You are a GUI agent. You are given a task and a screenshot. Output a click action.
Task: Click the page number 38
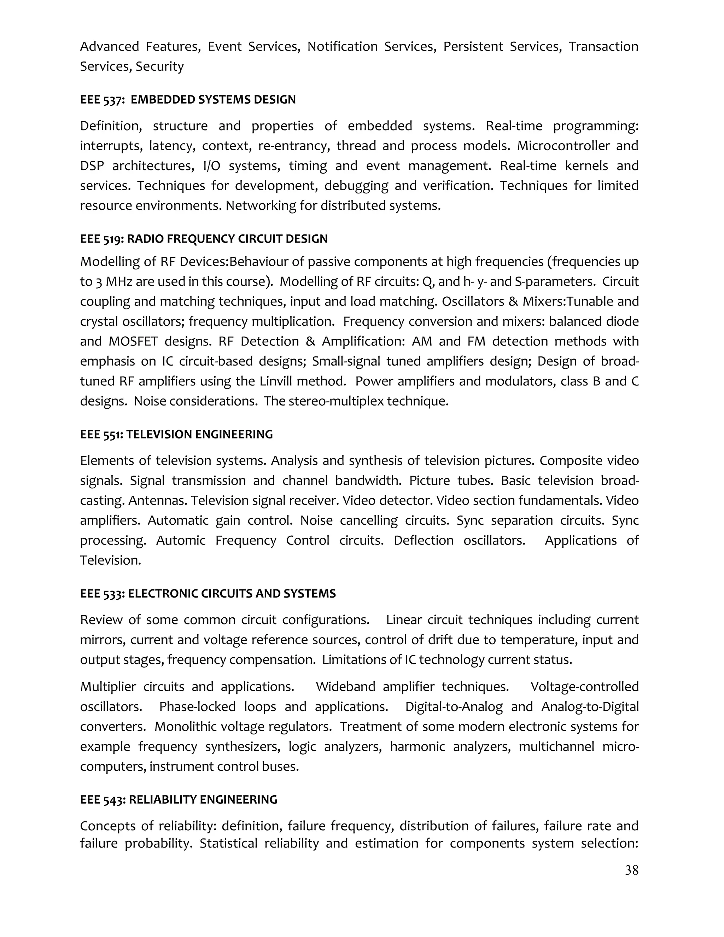(x=631, y=870)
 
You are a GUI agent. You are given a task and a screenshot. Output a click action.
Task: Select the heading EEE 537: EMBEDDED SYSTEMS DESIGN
(x=188, y=100)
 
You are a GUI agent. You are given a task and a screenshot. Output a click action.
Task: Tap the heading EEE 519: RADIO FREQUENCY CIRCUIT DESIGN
(x=204, y=239)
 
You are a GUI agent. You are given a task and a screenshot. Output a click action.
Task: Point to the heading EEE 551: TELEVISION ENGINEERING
(x=176, y=434)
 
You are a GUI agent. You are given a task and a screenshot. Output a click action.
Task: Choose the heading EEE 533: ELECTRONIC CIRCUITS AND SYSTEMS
(x=208, y=593)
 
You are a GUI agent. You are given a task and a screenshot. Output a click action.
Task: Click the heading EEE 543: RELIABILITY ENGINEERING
(x=179, y=799)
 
